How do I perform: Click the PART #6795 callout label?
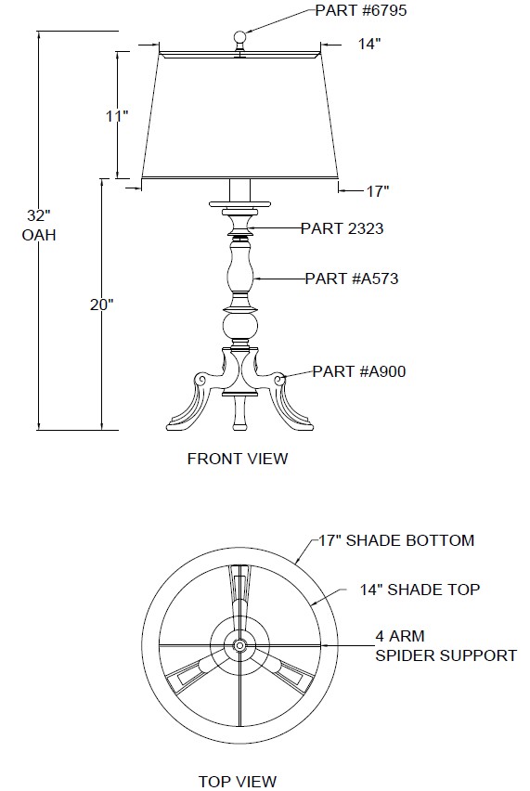(360, 10)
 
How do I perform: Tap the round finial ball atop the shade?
(240, 36)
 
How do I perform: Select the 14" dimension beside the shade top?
(369, 44)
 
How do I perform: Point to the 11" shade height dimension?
(117, 116)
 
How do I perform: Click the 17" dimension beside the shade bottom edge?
(378, 191)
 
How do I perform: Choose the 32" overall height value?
(39, 216)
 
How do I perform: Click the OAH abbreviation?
(39, 235)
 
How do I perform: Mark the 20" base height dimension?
(102, 305)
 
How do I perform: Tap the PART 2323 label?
(342, 228)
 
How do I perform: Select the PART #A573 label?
(352, 279)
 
